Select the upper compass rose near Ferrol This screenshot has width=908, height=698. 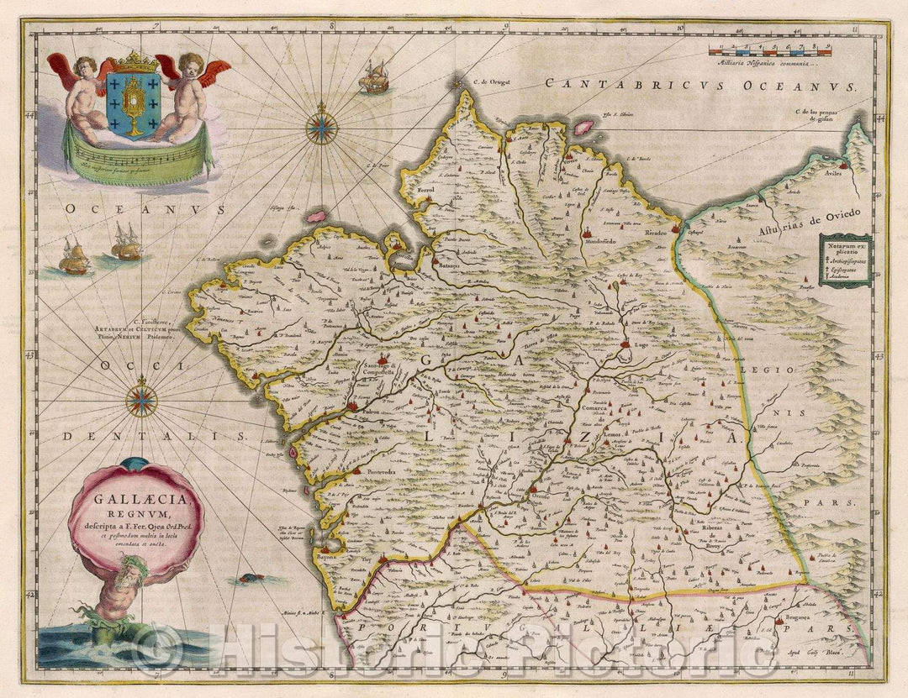point(321,129)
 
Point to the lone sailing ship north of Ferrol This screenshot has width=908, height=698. point(373,78)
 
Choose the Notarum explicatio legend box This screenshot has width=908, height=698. point(845,260)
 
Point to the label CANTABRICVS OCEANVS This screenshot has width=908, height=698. point(698,84)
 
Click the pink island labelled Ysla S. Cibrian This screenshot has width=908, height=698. point(582,127)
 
